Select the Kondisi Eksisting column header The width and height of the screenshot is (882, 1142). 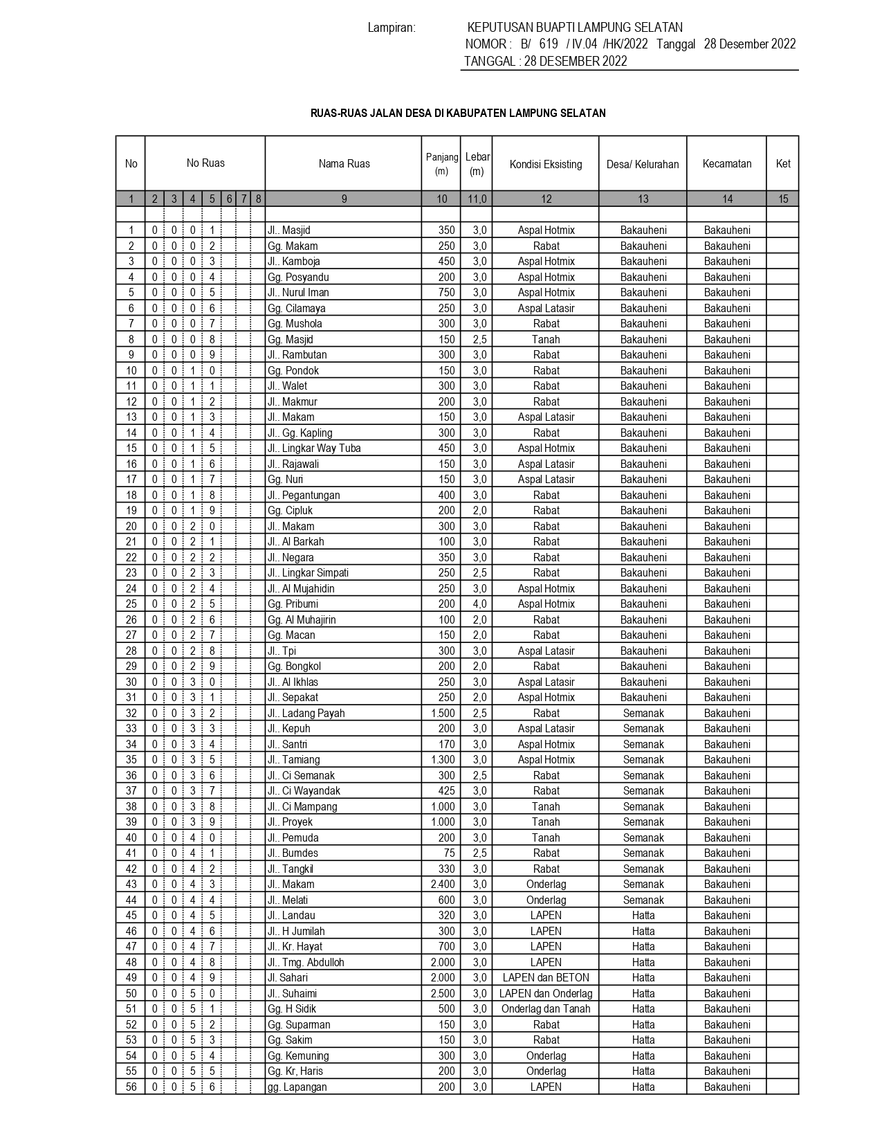point(546,164)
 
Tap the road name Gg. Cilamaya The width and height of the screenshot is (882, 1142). point(296,308)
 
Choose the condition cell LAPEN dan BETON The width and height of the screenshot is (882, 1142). point(546,978)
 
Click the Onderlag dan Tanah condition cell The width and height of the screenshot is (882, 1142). point(546,1009)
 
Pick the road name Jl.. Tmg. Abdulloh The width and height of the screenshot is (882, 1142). point(306,962)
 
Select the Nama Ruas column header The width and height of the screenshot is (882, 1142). point(344,164)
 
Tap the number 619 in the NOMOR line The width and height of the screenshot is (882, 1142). point(548,44)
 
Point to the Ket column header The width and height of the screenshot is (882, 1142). point(783,164)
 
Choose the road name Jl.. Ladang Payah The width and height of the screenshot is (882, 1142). point(306,713)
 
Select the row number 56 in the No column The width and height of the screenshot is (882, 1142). point(131,1087)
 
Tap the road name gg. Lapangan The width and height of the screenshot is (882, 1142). point(297,1087)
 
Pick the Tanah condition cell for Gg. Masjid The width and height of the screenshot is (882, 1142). point(546,339)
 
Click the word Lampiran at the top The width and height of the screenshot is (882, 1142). point(392,28)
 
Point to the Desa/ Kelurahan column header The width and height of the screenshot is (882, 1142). point(643,164)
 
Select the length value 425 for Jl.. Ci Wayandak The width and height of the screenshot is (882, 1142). point(447,791)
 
